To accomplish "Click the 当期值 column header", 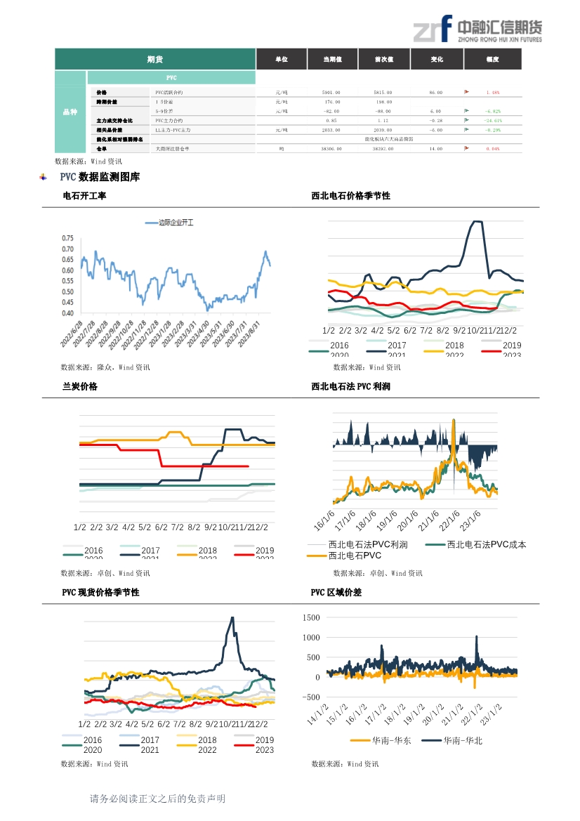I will tap(332, 60).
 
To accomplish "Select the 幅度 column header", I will tap(492, 60).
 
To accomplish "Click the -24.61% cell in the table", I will tap(492, 120).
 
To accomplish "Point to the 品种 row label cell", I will tap(70, 112).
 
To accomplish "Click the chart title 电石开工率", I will tap(84, 196).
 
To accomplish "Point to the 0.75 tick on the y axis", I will tap(67, 238).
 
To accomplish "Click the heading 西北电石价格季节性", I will tap(350, 196).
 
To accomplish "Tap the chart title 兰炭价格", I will tap(80, 386).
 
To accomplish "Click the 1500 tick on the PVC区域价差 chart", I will tap(310, 617).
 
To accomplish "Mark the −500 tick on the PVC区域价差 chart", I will tap(309, 697).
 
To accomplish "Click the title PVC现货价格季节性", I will tap(100, 592).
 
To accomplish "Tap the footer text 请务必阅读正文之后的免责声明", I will tap(157, 799).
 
